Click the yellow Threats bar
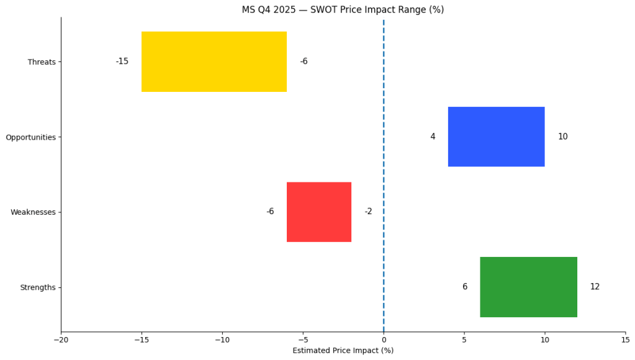tap(214, 61)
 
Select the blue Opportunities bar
tap(496, 137)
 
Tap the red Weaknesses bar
tap(319, 212)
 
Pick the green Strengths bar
tap(528, 287)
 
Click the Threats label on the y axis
tap(42, 62)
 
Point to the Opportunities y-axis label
tap(30, 137)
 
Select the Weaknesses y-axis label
tap(33, 212)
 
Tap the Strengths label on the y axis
tap(38, 287)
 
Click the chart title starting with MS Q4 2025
tap(343, 10)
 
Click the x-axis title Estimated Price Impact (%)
tap(343, 351)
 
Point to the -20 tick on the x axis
tap(61, 340)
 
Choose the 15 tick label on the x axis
tap(625, 340)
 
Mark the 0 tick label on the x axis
tap(384, 340)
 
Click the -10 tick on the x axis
tap(222, 340)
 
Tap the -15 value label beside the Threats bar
tap(122, 61)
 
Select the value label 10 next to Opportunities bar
tap(562, 137)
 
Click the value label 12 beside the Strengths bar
tap(595, 287)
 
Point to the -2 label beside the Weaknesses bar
tap(368, 212)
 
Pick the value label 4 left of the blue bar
tap(433, 137)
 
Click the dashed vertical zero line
tap(384, 174)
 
